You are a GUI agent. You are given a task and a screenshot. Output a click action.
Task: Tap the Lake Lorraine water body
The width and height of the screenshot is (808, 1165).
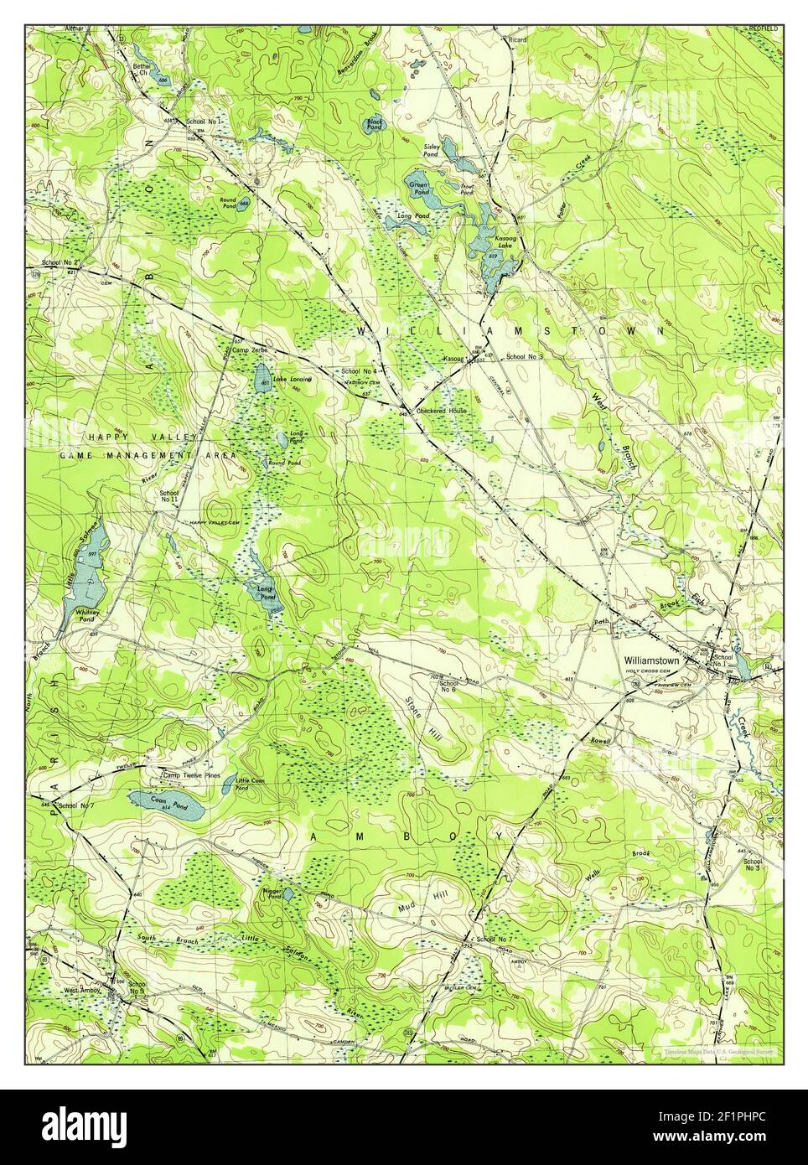coord(262,374)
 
